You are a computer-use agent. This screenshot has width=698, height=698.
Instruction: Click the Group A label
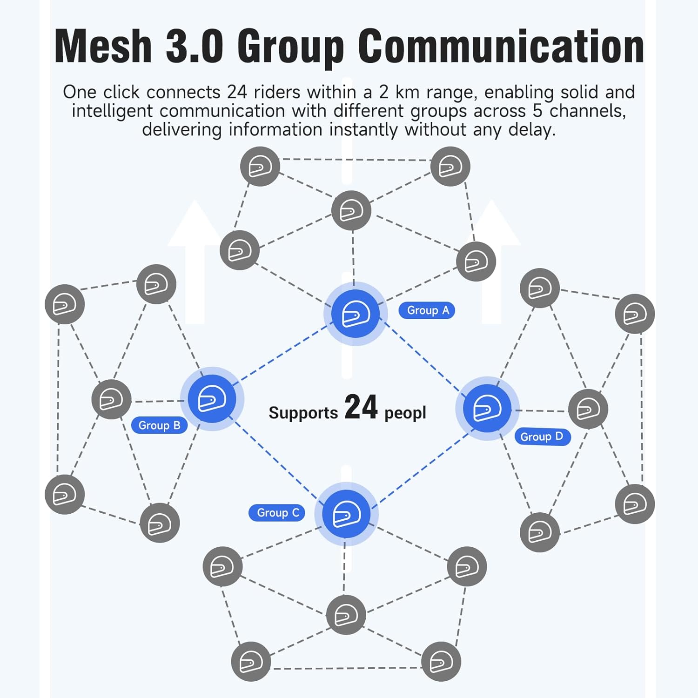tap(427, 310)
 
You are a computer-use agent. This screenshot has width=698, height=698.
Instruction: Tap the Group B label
tap(159, 425)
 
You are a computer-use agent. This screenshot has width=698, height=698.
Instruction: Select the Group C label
tap(277, 513)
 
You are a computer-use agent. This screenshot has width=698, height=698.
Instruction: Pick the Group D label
tap(542, 437)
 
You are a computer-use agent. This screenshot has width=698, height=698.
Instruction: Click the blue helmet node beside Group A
tap(356, 314)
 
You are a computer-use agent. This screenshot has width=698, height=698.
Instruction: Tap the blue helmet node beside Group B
tap(212, 399)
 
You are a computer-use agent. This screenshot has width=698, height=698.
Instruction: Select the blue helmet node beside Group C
tap(347, 514)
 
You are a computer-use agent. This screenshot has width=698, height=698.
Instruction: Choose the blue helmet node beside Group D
tap(487, 408)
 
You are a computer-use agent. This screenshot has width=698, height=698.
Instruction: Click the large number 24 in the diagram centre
tap(361, 408)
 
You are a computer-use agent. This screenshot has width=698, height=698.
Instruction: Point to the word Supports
tap(303, 413)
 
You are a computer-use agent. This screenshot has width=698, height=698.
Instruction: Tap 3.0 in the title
tap(195, 46)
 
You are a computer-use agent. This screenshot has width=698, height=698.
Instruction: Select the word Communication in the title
tap(501, 46)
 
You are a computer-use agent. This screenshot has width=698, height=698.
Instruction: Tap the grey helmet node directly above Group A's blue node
tap(351, 211)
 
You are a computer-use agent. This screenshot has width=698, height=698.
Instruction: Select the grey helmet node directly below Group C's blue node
tap(346, 615)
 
